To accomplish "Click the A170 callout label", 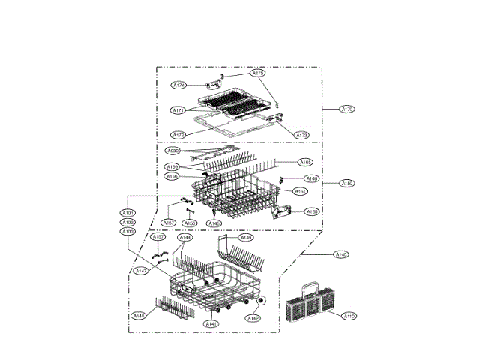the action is tap(346, 109).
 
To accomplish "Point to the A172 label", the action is tap(178, 135).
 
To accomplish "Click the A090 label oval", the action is tap(172, 151).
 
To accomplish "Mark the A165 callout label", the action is tap(305, 162).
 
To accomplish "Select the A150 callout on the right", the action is tap(346, 183).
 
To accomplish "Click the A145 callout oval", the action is tap(214, 223).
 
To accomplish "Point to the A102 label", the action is tap(127, 223).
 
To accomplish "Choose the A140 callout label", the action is tap(340, 255).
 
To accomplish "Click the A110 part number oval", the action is tap(349, 316).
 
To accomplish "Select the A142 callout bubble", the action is tap(253, 318).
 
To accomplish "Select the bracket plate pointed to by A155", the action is tap(283, 211).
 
